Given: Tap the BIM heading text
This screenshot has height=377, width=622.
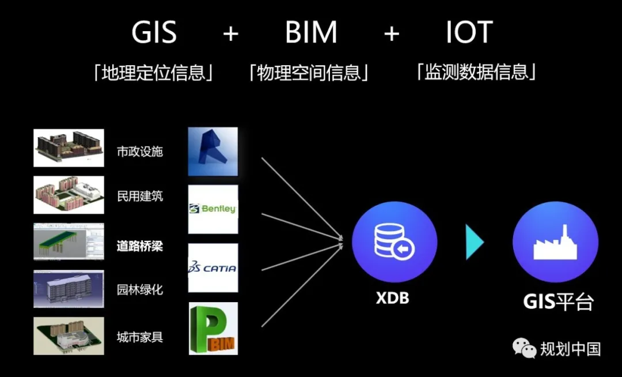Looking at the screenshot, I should point(312,33).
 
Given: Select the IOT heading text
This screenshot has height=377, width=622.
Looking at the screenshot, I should point(469,33).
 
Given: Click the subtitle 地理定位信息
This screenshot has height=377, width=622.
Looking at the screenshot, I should point(154,73).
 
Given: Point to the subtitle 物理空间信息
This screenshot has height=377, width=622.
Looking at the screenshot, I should point(309,73).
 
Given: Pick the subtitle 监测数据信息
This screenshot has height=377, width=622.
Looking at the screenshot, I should point(476,73).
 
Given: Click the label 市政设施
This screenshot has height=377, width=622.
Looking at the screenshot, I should point(140,152).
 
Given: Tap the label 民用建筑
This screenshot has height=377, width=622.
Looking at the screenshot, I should point(140,196).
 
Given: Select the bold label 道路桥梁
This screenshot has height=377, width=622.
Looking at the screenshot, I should point(140,246).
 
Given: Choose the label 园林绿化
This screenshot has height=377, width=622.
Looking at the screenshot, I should point(140,289).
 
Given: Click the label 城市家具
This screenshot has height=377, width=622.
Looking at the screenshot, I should point(140,337).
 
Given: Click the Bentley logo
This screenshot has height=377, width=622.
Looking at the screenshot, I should point(213,209).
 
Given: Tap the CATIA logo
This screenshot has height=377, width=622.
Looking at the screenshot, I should point(213,268).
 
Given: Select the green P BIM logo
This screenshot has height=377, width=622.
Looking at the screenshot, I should point(213,328).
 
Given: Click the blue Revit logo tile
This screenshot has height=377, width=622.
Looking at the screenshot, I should point(213,151).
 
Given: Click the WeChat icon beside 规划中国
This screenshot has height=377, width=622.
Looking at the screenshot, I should point(525,348).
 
